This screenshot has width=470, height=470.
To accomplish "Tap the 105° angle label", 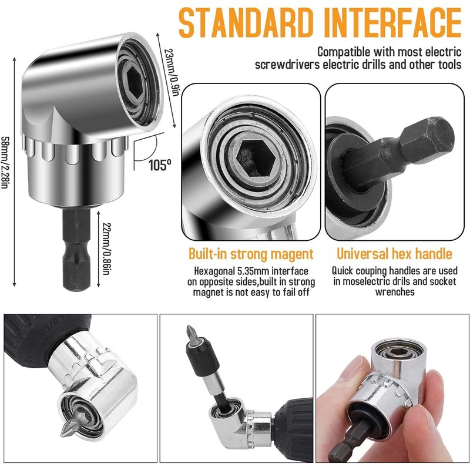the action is pyautogui.click(x=160, y=164).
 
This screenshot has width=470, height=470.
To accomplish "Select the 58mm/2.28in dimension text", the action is pyautogui.click(x=4, y=163).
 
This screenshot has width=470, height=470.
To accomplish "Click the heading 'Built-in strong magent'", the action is pyautogui.click(x=251, y=254).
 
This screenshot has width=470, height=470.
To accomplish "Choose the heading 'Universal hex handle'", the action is pyautogui.click(x=394, y=254).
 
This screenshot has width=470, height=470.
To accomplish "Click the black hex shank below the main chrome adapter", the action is pyautogui.click(x=77, y=249).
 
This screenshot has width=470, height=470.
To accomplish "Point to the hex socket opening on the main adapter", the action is pyautogui.click(x=134, y=82).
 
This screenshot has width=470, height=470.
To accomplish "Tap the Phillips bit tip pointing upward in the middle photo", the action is pyautogui.click(x=190, y=333).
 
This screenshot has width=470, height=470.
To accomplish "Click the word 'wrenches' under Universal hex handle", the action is pyautogui.click(x=395, y=292).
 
